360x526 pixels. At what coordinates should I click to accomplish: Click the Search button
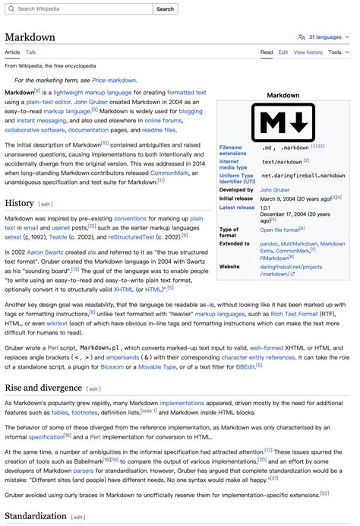pyautogui.click(x=165, y=9)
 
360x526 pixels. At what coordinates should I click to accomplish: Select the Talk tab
pyautogui.click(x=31, y=52)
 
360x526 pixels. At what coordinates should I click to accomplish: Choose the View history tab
pyautogui.click(x=308, y=52)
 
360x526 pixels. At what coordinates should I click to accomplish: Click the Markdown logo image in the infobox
pyautogui.click(x=284, y=122)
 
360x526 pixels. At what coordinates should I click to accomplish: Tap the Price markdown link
pyautogui.click(x=115, y=80)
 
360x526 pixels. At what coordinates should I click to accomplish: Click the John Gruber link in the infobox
pyautogui.click(x=275, y=190)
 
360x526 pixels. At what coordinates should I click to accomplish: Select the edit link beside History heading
pyautogui.click(x=46, y=204)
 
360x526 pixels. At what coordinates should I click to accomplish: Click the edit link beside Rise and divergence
pyautogui.click(x=93, y=388)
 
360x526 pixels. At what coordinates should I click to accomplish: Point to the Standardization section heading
pyautogui.click(x=35, y=517)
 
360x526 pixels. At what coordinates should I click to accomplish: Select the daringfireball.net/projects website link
pyautogui.click(x=291, y=267)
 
